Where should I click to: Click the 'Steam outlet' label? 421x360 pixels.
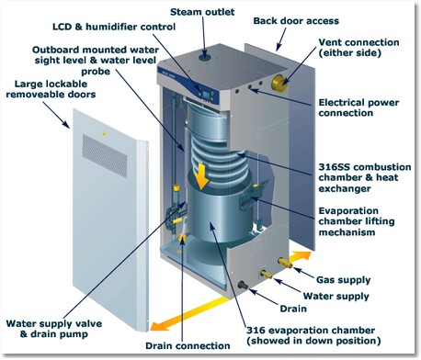coord(202,12)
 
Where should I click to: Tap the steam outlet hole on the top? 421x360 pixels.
coord(204,57)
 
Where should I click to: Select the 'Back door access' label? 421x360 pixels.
coord(296,21)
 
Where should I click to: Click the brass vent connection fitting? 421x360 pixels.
coord(279,82)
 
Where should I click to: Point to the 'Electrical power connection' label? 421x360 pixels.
coord(358,107)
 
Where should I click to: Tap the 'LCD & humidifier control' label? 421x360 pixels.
coord(114,27)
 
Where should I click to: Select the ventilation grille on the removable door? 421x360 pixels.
coord(105,155)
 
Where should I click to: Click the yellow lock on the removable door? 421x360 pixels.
coord(104,134)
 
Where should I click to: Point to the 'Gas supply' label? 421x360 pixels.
coord(343,280)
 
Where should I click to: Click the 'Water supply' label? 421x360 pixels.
coord(336,296)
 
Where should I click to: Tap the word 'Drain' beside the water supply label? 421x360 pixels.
coord(293,309)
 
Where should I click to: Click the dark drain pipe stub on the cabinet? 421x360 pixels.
coord(243,286)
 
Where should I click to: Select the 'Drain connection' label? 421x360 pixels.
coord(188,345)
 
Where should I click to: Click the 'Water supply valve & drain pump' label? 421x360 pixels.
coord(54,329)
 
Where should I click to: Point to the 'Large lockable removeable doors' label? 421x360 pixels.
coord(51,89)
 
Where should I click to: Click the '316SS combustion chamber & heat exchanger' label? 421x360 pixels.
coord(365,177)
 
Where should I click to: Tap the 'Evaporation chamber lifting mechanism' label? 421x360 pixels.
coord(357,221)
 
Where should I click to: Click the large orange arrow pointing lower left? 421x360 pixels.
coord(189,314)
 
